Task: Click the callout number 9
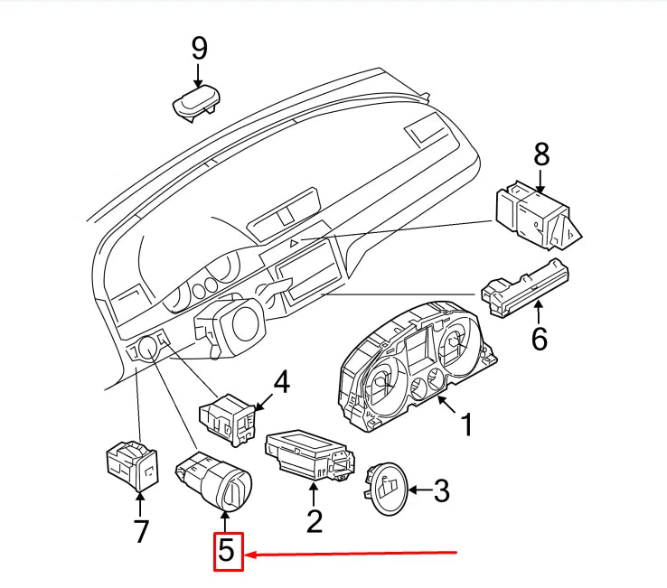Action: [199, 50]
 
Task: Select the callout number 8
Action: [540, 154]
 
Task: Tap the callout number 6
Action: [540, 338]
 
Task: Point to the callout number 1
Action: [466, 423]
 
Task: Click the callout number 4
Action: [281, 383]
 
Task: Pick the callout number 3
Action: [440, 491]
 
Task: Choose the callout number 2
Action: [314, 520]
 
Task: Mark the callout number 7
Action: [141, 532]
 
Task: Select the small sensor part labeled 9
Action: [196, 104]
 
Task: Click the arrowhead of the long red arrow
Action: [249, 554]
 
